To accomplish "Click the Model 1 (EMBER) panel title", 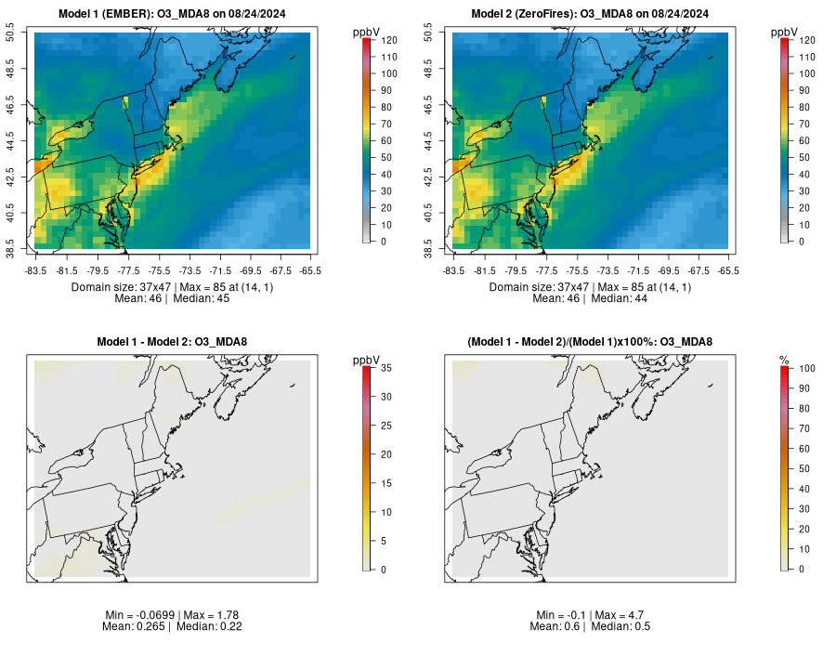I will (x=172, y=13).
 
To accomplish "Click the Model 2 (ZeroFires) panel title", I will (x=590, y=13).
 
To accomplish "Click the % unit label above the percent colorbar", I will (x=784, y=360).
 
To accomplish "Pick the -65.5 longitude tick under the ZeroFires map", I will (x=729, y=271).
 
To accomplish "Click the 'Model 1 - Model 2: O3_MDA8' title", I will (x=172, y=342).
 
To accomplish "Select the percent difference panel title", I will (x=590, y=342).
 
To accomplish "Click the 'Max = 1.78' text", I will (x=220, y=615).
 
